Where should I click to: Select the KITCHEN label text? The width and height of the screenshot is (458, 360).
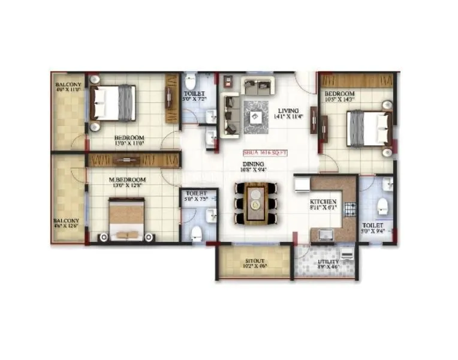(323, 202)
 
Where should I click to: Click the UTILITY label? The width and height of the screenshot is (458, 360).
(327, 262)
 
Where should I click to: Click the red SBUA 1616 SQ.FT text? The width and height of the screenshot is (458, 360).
(266, 153)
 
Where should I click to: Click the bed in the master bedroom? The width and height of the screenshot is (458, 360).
(126, 219)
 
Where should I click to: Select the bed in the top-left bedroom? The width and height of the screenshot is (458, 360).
(113, 103)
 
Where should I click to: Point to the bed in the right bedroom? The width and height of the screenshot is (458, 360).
(369, 128)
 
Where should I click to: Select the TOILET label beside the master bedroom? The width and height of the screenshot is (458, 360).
(192, 194)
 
